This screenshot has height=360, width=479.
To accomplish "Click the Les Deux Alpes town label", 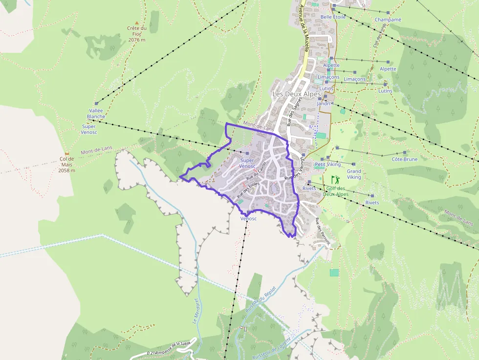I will [x=297, y=94].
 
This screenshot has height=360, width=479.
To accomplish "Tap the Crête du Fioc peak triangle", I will [x=137, y=23].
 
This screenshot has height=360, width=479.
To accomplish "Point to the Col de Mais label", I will [x=67, y=165].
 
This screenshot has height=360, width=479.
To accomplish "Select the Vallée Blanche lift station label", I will [x=96, y=114].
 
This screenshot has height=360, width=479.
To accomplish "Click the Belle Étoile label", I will [x=333, y=17].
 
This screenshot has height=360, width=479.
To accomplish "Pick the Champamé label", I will [x=388, y=20].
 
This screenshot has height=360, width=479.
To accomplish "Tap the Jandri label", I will [x=324, y=104].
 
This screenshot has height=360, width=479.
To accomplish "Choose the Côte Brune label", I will [x=405, y=159].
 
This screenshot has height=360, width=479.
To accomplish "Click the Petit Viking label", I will [x=327, y=165].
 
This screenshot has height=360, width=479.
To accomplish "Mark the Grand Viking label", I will [x=354, y=174].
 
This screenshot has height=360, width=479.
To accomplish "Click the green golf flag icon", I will [x=335, y=179].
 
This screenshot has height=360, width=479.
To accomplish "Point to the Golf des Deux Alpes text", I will [x=336, y=191].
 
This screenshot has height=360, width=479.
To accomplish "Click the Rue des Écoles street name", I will [x=248, y=190].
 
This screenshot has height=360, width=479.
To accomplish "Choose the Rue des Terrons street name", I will [x=323, y=231].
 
